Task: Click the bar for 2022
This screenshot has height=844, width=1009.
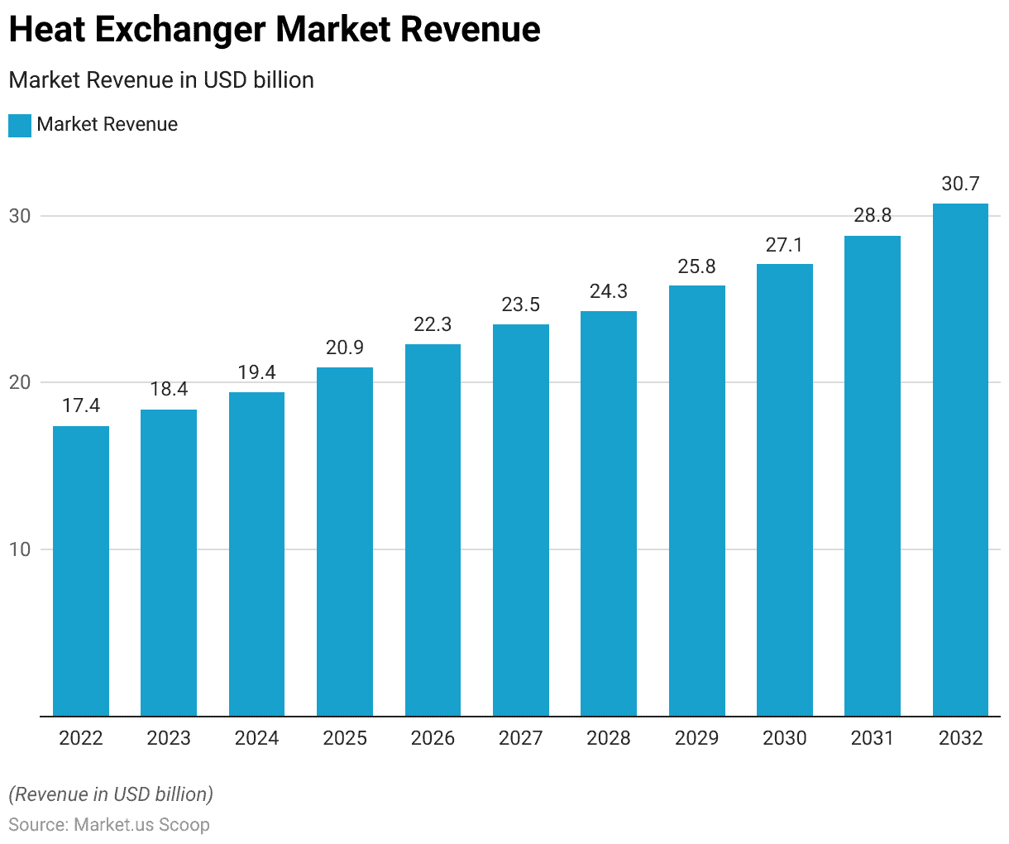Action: pyautogui.click(x=81, y=571)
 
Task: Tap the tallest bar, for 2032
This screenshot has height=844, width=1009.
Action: pyautogui.click(x=960, y=459)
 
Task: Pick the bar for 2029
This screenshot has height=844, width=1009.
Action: pyautogui.click(x=697, y=501)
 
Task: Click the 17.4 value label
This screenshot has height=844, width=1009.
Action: pyautogui.click(x=81, y=405)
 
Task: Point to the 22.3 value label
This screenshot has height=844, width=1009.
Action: pyautogui.click(x=433, y=324)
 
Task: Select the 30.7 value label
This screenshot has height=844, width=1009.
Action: pyautogui.click(x=960, y=184)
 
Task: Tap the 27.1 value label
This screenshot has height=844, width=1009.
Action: pyautogui.click(x=785, y=245)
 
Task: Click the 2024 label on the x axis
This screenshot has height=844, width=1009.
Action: pyautogui.click(x=257, y=738)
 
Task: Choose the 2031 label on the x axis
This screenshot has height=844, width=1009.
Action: pyautogui.click(x=873, y=738)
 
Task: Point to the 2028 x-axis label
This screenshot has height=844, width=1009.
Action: pyautogui.click(x=609, y=738)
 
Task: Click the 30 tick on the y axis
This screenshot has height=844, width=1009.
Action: pyautogui.click(x=20, y=216)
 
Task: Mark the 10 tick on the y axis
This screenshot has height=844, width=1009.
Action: pyautogui.click(x=20, y=549)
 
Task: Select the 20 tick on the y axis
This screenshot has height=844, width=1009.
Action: pyautogui.click(x=20, y=382)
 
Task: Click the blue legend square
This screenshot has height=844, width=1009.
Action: pyautogui.click(x=20, y=126)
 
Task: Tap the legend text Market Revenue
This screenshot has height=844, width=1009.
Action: pyautogui.click(x=108, y=125)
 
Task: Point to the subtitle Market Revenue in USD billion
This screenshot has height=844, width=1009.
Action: pyautogui.click(x=161, y=80)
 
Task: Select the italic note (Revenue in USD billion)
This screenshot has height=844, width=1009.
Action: pyautogui.click(x=111, y=794)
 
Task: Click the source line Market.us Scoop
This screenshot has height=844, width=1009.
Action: pyautogui.click(x=109, y=825)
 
